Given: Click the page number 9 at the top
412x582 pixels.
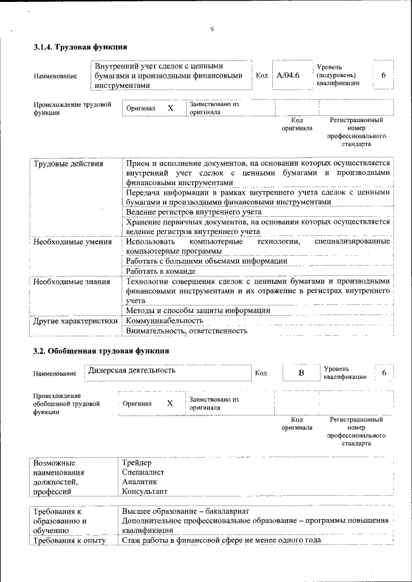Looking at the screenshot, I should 211,28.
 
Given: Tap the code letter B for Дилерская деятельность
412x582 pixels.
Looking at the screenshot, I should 300,373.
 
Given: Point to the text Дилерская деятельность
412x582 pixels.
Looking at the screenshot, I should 132,370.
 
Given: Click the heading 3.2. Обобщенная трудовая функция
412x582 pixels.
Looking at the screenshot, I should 101,351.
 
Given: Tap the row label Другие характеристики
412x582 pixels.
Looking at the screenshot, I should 76,320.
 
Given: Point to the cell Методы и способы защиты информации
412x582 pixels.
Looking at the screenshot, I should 198,310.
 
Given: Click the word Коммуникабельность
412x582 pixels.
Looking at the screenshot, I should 165,320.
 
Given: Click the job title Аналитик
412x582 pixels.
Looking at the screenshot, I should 139,482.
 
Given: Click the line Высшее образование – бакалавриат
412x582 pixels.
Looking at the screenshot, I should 185,511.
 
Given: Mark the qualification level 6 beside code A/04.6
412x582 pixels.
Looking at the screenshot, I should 384,76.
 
